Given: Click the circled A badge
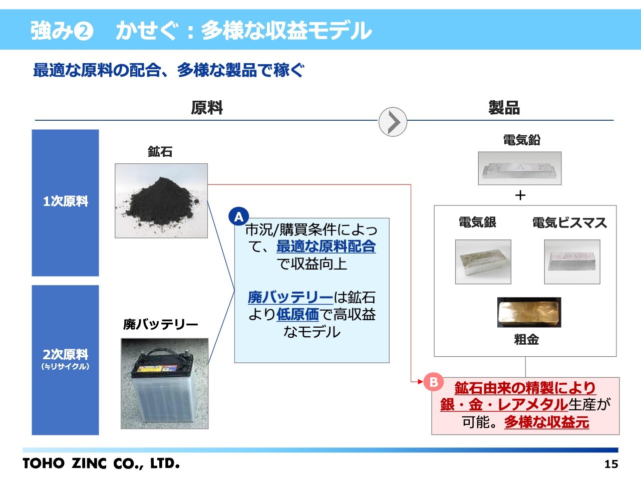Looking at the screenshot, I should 238,217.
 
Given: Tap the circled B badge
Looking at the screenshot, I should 434,382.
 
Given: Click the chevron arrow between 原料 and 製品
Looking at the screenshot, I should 393,122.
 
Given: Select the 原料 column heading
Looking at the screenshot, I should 207,108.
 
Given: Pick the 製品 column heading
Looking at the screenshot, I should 504,108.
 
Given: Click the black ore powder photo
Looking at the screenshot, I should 161,200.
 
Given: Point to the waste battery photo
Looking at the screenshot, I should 165,383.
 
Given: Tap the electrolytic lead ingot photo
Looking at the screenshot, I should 520,168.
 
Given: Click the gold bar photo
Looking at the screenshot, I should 529,312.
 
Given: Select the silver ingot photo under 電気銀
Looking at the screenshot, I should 483,262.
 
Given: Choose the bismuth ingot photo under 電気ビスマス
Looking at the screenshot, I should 572,262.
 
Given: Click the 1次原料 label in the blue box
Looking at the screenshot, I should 66,201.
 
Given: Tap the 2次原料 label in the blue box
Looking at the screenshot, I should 66,355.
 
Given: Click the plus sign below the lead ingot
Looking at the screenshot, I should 520,195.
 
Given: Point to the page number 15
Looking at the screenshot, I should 611,464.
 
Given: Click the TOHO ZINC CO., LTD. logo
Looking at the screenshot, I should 101,463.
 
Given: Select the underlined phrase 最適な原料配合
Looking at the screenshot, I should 326,247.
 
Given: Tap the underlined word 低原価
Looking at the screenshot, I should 297,315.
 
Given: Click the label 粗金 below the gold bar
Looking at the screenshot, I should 526,340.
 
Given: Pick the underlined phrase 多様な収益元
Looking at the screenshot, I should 546,422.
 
